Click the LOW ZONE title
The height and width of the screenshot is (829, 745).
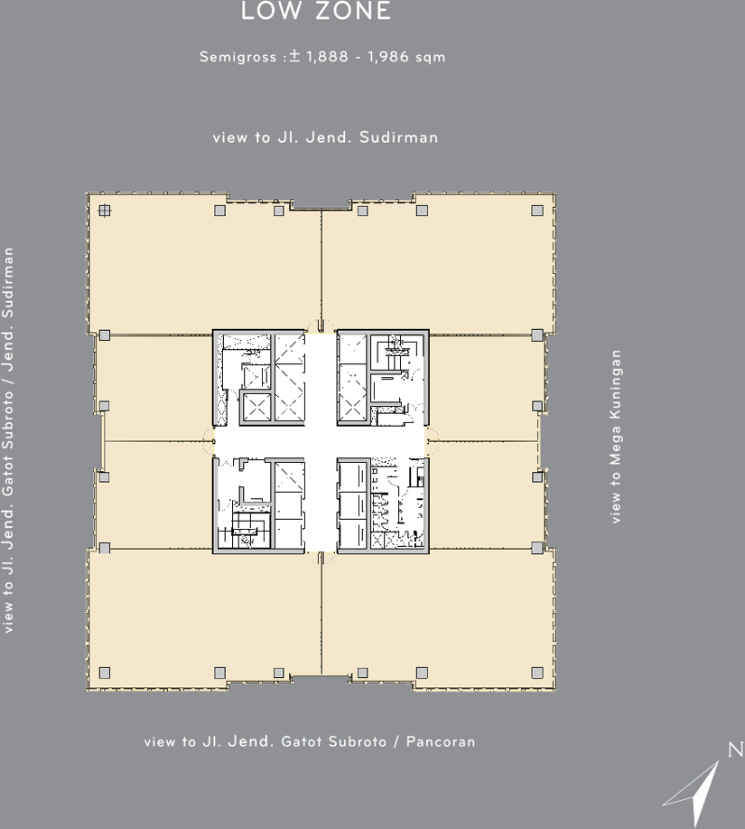(316, 11)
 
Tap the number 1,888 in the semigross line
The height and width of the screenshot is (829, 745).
(328, 57)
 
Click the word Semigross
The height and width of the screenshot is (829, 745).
(237, 57)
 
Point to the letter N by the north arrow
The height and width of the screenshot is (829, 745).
(735, 749)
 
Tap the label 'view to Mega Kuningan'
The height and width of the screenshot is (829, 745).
(616, 437)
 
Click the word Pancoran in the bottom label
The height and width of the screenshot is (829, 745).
(441, 742)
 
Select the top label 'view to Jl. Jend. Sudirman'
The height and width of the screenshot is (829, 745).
(325, 137)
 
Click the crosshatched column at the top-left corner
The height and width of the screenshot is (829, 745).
(105, 211)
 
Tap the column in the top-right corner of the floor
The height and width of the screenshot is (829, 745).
(537, 211)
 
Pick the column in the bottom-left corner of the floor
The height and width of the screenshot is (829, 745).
(105, 673)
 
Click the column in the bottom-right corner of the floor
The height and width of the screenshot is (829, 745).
(537, 673)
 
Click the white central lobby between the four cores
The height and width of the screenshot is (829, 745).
(321, 441)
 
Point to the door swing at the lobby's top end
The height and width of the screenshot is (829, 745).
(321, 326)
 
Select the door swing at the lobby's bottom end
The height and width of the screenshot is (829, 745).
(321, 558)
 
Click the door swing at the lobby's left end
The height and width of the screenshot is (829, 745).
(209, 441)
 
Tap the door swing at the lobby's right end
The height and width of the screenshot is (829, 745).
(433, 441)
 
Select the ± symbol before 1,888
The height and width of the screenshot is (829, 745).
(294, 56)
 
